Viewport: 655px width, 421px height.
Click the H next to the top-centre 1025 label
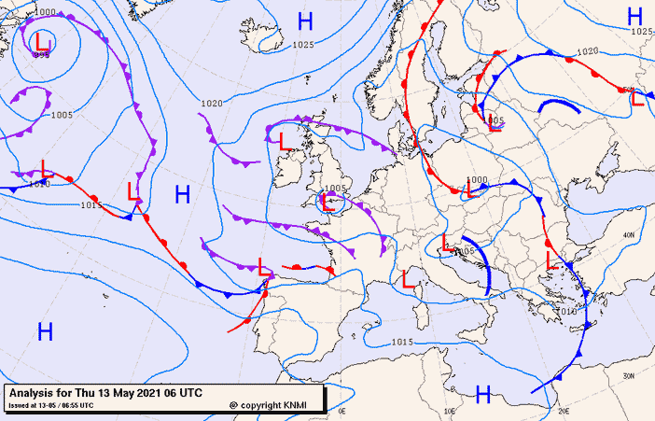point(304,21)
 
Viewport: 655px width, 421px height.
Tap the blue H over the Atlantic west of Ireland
point(183,194)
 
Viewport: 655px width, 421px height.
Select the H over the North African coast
point(483,395)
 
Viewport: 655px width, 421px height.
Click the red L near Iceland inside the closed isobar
point(42,41)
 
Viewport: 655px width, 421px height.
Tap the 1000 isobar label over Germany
point(476,179)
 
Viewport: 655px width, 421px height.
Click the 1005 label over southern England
point(336,188)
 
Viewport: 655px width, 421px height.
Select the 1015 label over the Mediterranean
point(401,343)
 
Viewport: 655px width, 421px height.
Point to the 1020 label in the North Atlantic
point(212,103)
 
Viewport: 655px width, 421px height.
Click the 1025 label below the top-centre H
point(302,44)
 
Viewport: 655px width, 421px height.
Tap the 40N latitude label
point(630,234)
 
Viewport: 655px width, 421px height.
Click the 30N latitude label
point(630,375)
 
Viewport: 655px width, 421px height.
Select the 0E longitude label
point(341,411)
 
